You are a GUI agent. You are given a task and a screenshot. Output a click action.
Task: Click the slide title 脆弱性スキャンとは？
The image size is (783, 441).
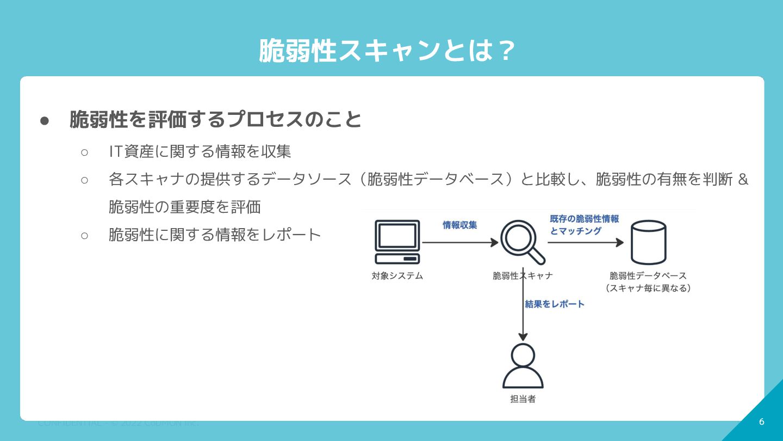click(x=387, y=51)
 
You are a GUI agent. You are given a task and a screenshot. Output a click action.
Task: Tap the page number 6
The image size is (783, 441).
click(x=761, y=421)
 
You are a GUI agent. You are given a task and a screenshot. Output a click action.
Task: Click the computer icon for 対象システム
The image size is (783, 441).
click(x=397, y=242)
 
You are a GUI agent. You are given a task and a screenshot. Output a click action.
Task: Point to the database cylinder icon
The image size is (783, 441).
click(x=648, y=242)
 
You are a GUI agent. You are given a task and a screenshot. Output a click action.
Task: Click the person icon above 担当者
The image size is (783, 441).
click(x=523, y=365)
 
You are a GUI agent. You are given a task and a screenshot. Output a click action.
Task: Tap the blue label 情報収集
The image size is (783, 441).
click(x=459, y=225)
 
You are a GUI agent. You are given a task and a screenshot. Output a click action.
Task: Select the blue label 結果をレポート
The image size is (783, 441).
click(x=555, y=304)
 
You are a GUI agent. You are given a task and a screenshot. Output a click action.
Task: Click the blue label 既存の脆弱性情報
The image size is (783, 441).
click(x=584, y=219)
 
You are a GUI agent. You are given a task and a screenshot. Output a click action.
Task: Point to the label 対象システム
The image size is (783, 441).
click(x=397, y=275)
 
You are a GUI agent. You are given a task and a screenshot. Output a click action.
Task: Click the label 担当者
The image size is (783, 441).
click(x=523, y=399)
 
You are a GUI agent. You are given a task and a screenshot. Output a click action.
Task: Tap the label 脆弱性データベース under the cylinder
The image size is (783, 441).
click(x=648, y=275)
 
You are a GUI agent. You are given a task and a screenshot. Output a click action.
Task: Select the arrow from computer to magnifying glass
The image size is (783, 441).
click(x=459, y=243)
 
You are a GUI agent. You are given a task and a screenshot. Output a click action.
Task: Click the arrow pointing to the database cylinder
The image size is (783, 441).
click(x=585, y=243)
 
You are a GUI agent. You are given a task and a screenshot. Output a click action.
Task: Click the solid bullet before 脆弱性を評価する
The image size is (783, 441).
click(x=45, y=120)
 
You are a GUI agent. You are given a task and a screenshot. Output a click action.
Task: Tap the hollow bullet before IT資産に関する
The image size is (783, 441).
click(x=84, y=152)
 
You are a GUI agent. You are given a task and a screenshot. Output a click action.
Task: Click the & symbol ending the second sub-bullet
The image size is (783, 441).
click(x=743, y=179)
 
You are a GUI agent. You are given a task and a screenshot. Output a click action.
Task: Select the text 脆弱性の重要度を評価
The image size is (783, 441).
click(x=185, y=207)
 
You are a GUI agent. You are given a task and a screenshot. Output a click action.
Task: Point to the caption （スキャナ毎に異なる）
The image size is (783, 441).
click(x=648, y=288)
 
